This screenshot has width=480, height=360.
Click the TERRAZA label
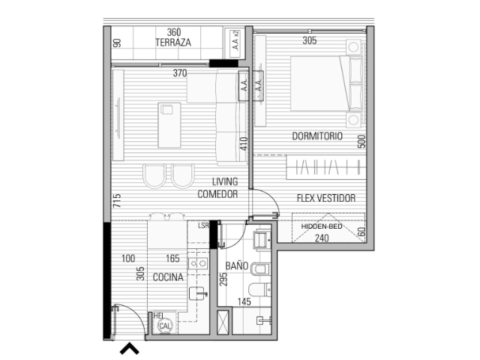pos(173,42)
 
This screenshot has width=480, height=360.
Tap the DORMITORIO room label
pos(317,136)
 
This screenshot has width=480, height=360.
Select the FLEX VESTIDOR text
pos(326,198)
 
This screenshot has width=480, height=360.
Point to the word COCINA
pos(168,277)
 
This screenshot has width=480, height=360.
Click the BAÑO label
pos(237,265)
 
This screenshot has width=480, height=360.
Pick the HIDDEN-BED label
pos(322,226)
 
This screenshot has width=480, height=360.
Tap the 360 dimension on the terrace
pos(174,32)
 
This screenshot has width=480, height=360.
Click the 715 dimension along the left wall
pos(117,200)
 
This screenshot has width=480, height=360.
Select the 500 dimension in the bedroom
pos(361,142)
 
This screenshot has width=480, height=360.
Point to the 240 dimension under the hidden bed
pos(322,238)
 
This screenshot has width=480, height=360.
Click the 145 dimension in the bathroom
pos(244,301)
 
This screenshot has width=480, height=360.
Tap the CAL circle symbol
pos(165,325)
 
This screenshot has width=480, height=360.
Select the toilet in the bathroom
pos(259,289)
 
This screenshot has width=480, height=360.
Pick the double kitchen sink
pos(198,262)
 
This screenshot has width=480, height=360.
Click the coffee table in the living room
pos(169,125)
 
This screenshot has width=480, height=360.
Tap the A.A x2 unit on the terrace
pos(235,43)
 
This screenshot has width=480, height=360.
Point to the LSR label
pos(203,226)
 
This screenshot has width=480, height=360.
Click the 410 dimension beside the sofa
pos(244,143)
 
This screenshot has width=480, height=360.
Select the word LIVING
pos(225,181)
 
